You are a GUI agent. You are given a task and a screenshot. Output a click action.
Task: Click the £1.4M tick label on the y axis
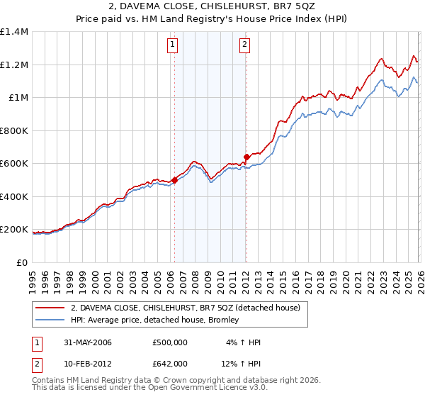point(14,32)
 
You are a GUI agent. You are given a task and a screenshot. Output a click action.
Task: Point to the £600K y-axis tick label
point(14,164)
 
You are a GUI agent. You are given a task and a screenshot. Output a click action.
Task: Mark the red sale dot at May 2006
point(174,180)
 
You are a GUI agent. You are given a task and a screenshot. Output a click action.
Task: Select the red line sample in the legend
point(51,308)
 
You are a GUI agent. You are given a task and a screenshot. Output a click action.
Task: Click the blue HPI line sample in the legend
point(51,320)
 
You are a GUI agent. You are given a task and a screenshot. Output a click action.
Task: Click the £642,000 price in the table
point(169,363)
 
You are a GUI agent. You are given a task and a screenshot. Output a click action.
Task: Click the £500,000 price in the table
point(169,342)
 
